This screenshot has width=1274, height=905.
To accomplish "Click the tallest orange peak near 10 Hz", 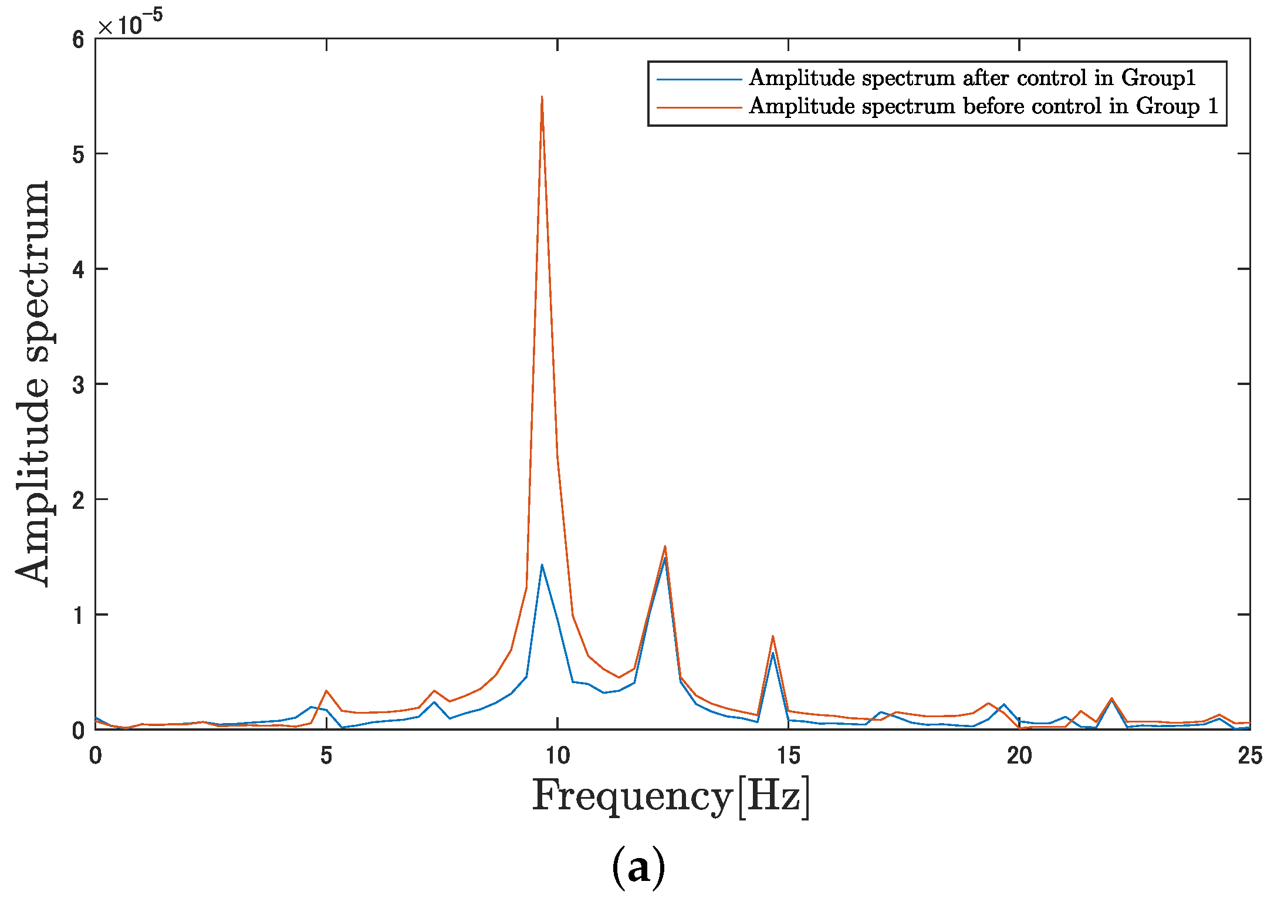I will [542, 97].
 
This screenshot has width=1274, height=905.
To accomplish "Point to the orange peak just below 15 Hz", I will [773, 636].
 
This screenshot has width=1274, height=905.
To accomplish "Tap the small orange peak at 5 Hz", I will [326, 691].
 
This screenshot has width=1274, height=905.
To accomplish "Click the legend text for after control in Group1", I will [972, 78].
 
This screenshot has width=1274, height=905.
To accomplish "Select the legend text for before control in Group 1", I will [984, 106].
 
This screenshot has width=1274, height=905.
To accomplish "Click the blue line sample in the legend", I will [698, 79].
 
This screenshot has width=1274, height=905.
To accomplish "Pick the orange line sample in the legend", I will [698, 107].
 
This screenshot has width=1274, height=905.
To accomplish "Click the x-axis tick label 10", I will [557, 755].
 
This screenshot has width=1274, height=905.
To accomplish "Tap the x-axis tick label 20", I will [1019, 755].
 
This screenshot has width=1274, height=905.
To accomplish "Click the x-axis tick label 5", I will [326, 755].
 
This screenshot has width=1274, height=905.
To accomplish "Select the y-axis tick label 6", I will [79, 40].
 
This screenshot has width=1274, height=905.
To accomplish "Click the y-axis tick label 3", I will [79, 385].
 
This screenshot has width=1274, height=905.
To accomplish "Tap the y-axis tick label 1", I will [79, 616].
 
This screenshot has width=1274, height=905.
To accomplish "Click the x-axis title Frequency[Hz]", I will [671, 796].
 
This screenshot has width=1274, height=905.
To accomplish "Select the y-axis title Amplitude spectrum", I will [33, 384].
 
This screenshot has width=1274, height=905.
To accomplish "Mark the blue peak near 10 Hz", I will [542, 565].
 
